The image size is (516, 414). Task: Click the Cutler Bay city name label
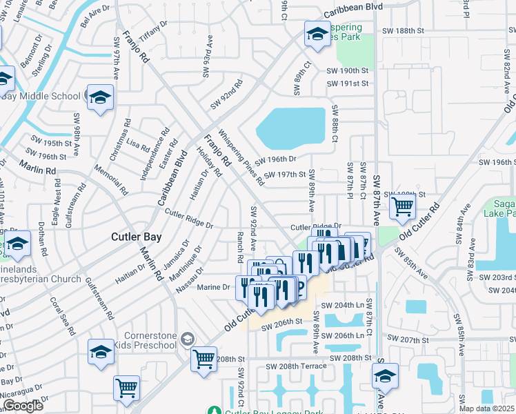[x=137, y=237]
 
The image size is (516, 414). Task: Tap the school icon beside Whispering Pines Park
[x=317, y=34]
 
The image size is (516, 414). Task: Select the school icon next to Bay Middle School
[x=99, y=97]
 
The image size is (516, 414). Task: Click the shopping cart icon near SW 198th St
[x=401, y=205]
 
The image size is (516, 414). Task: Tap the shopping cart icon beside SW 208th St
[x=204, y=359]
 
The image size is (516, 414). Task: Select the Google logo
[x=23, y=406]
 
